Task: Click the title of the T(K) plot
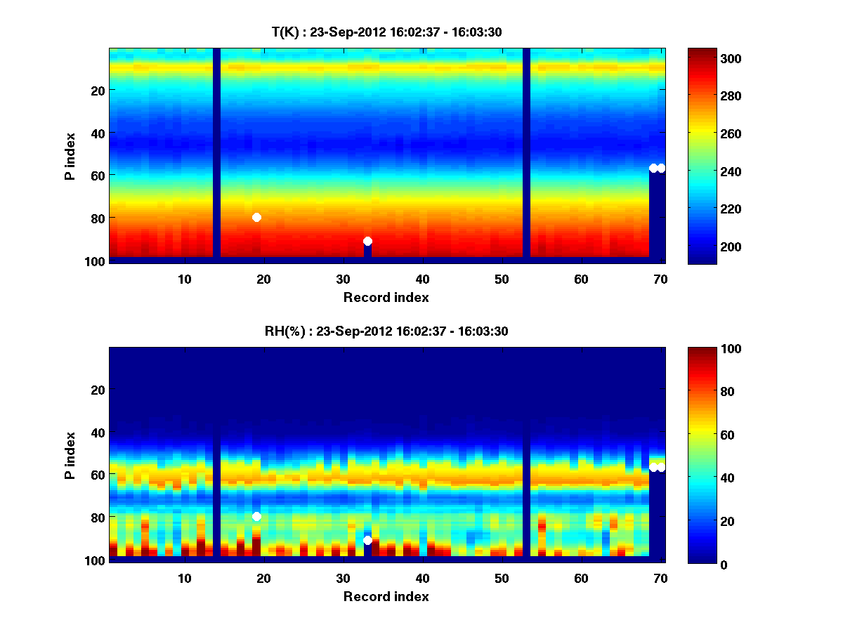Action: (x=386, y=32)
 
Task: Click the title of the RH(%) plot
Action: (x=386, y=331)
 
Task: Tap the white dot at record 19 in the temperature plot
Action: (x=256, y=218)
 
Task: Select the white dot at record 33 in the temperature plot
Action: (x=367, y=242)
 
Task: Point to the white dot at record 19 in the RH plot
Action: (x=256, y=517)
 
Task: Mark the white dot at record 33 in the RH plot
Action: (x=367, y=540)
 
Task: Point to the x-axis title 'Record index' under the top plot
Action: (x=386, y=297)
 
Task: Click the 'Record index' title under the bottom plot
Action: (x=386, y=596)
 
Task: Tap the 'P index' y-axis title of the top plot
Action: (x=70, y=156)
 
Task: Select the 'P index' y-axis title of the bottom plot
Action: (x=70, y=455)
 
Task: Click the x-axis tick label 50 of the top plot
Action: (x=502, y=279)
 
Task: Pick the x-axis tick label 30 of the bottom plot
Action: (x=343, y=578)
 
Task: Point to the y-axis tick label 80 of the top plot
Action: (x=97, y=218)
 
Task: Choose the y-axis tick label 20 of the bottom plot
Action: (x=97, y=390)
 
